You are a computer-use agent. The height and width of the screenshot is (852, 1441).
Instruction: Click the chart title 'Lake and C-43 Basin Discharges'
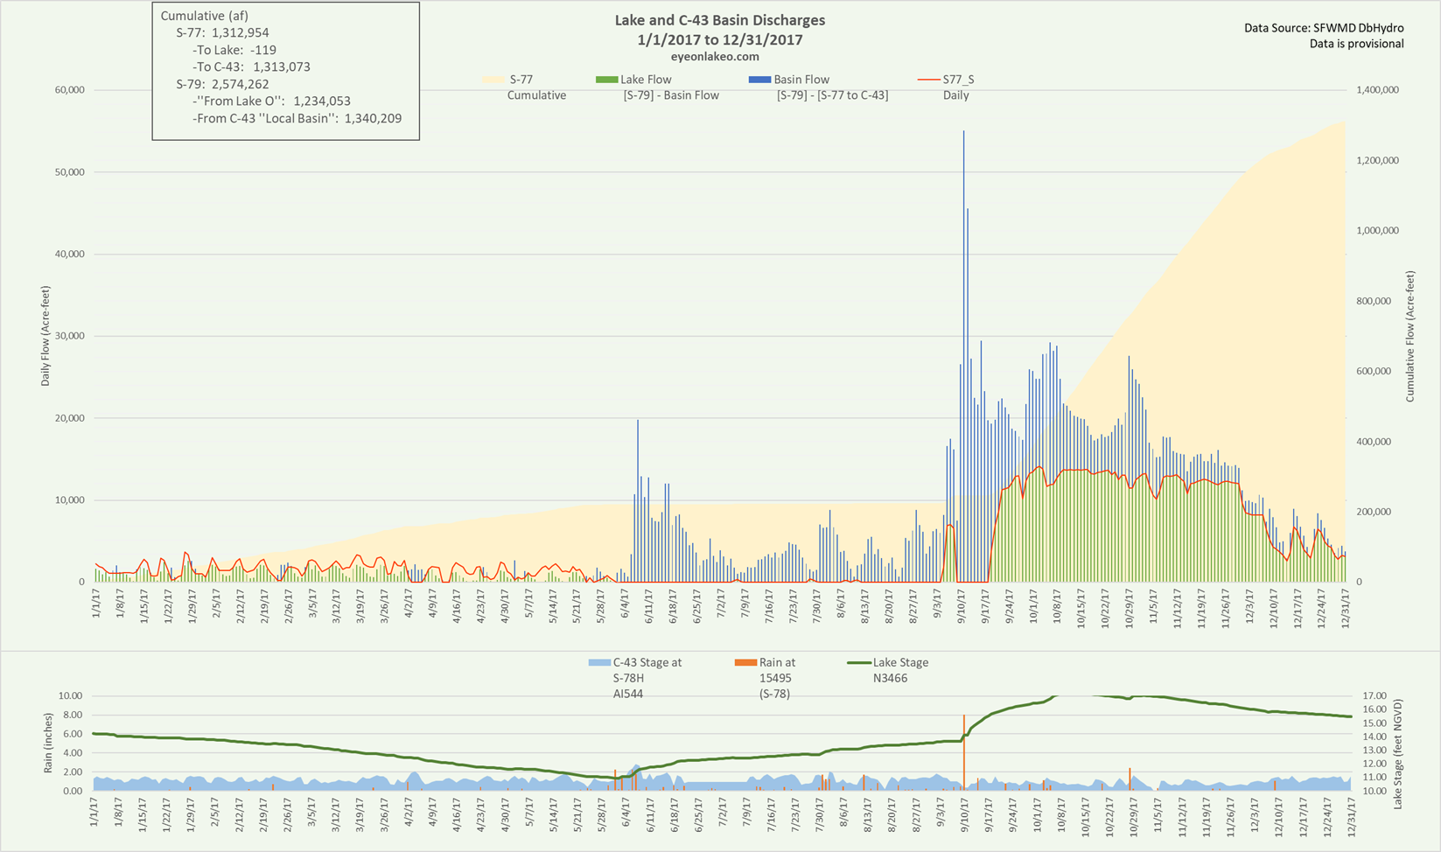click(x=719, y=20)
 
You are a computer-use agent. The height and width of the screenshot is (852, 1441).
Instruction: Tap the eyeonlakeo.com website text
click(x=719, y=57)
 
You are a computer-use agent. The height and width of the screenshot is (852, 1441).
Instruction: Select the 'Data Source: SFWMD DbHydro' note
click(x=1324, y=29)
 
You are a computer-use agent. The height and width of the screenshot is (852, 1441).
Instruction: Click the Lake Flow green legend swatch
click(x=606, y=80)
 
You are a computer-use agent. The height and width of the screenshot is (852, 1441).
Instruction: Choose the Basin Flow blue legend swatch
click(x=759, y=80)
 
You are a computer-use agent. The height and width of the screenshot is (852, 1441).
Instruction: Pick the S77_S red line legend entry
click(x=928, y=80)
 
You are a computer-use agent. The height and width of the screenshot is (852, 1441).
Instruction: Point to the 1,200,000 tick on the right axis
click(x=1376, y=160)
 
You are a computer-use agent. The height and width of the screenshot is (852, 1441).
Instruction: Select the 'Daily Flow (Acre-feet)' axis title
click(x=45, y=337)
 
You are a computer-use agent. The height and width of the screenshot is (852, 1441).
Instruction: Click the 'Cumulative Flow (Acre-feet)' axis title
click(x=1410, y=337)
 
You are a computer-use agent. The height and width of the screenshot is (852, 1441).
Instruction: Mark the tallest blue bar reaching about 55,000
click(x=963, y=133)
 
